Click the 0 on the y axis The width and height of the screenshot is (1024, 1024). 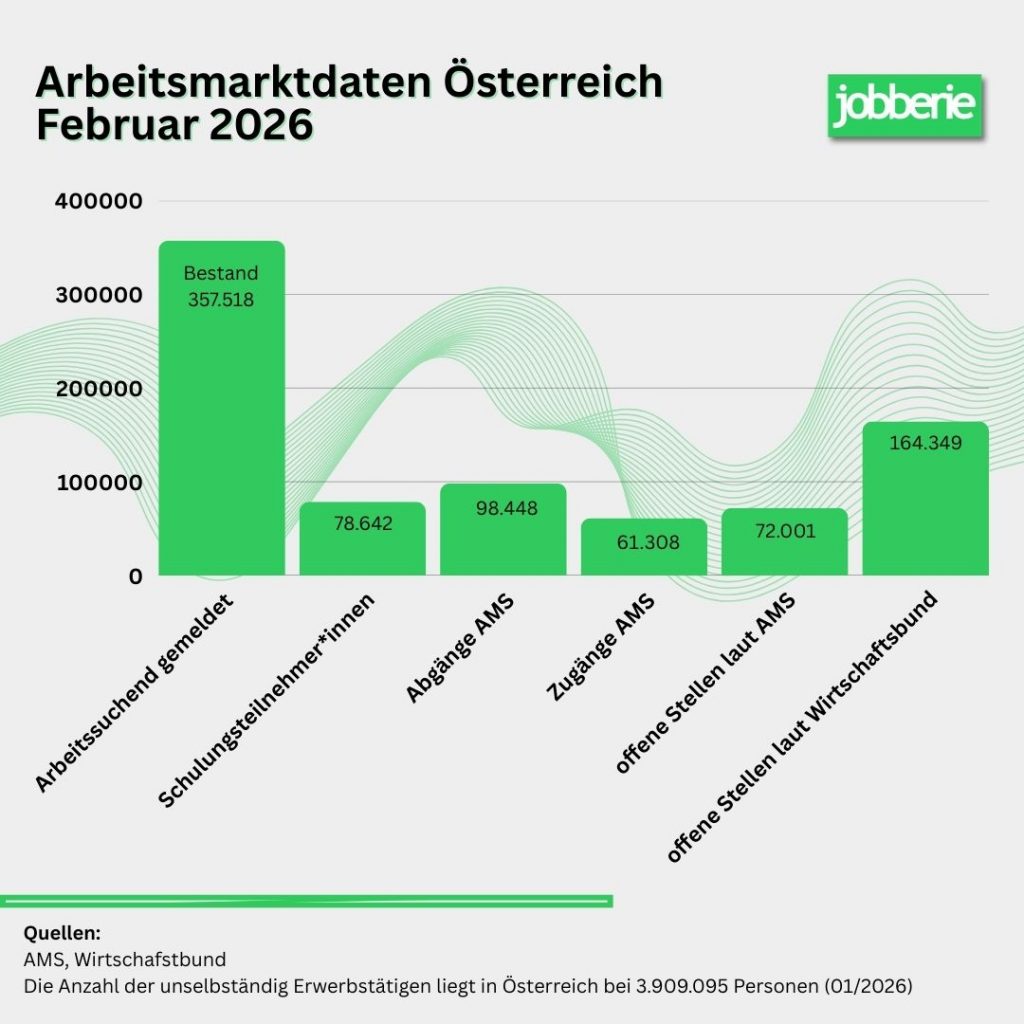coord(135,576)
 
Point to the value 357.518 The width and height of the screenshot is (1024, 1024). coord(221,298)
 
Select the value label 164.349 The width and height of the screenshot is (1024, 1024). coord(925,442)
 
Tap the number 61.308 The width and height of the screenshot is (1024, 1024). coord(644,543)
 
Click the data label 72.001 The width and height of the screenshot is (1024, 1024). coord(784,531)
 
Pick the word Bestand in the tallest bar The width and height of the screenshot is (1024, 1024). coord(221,273)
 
